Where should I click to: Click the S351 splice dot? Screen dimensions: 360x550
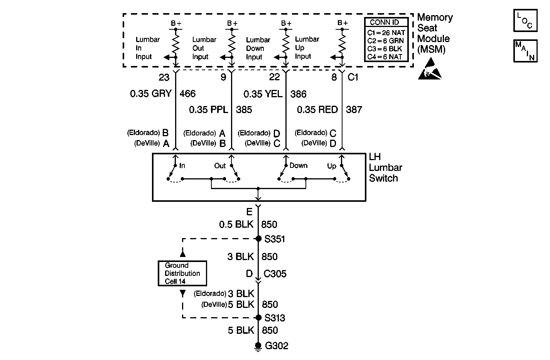[258, 239]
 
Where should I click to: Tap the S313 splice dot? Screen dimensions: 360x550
[258, 318]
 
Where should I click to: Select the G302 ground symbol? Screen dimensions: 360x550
[258, 347]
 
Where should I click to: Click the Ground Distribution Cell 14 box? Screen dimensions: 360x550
[182, 273]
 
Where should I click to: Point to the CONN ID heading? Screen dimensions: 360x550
[384, 22]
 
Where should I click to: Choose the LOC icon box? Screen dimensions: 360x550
[525, 20]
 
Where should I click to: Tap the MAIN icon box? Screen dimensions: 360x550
[525, 51]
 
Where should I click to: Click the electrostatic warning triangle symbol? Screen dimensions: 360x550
[429, 70]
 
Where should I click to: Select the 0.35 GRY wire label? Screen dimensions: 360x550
[150, 94]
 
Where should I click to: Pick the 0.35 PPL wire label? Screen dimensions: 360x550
[208, 110]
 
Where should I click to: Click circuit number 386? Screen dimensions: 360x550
[299, 94]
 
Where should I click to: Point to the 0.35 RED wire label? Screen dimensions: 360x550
[317, 110]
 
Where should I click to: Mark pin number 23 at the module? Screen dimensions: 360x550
[164, 78]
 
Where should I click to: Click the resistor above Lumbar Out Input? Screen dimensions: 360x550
[232, 44]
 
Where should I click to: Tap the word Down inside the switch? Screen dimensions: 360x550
[299, 166]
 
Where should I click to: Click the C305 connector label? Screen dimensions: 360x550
[275, 274]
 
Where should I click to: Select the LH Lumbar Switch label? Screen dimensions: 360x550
[385, 167]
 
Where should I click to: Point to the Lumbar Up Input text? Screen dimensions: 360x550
[307, 48]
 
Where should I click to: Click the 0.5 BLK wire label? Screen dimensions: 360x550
[236, 225]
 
